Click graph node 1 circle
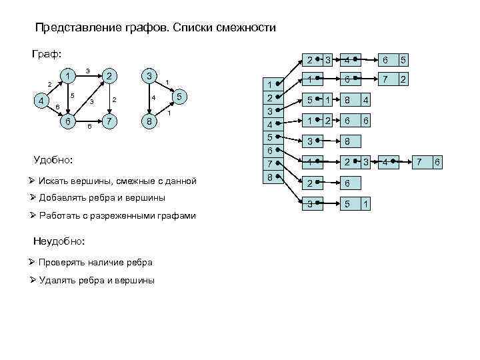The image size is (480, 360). (x=67, y=76)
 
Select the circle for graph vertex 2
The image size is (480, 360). (x=111, y=76)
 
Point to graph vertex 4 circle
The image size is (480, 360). (x=41, y=101)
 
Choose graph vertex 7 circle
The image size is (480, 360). (x=111, y=122)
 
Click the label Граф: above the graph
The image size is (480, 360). (x=47, y=54)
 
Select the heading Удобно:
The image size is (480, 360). (x=53, y=160)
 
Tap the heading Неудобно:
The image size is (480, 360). (x=57, y=240)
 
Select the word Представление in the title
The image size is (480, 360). (x=70, y=29)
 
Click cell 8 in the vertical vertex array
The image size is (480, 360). (x=270, y=177)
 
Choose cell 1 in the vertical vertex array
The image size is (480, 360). (x=270, y=85)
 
